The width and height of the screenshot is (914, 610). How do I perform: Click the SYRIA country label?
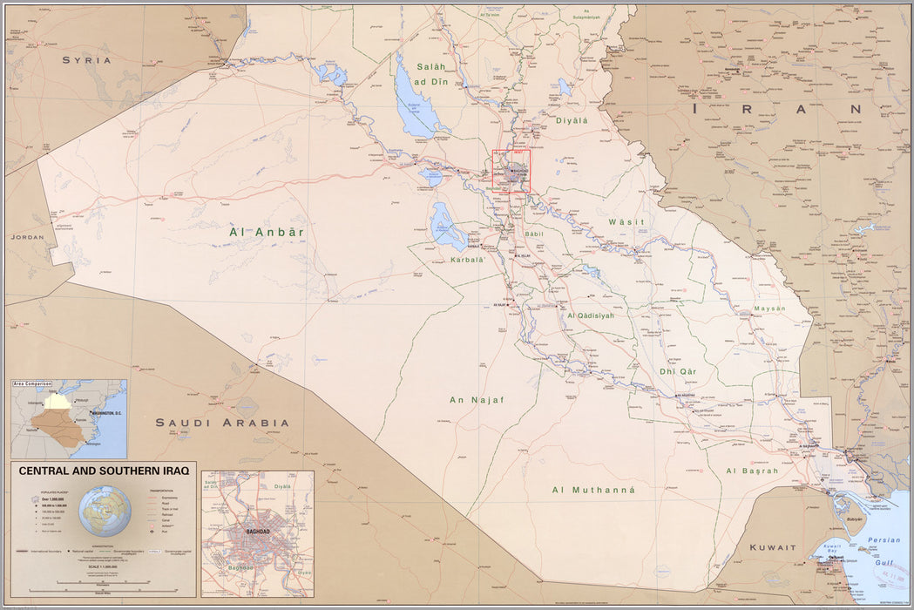click(86, 60)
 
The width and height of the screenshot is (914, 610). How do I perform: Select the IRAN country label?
click(775, 110)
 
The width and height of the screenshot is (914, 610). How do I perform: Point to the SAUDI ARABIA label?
click(222, 423)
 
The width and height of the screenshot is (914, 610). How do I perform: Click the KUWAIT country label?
click(773, 547)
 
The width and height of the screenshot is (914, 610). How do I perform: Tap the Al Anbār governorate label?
click(267, 232)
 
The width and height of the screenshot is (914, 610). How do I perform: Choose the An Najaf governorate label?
click(477, 400)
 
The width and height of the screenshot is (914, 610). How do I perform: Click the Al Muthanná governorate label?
click(593, 490)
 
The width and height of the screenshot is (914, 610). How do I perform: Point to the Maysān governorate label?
click(769, 308)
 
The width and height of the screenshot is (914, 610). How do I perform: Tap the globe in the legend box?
click(105, 510)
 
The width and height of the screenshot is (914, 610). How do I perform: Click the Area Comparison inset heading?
click(32, 383)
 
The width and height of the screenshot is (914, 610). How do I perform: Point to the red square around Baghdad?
click(530, 171)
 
